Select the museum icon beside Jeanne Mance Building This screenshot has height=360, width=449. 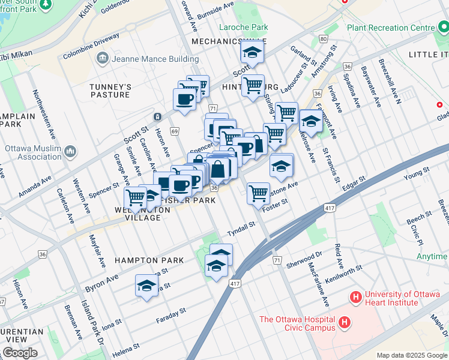coord(101,59)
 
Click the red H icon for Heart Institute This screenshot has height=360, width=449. coord(355,297)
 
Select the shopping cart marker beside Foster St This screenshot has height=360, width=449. coord(258,193)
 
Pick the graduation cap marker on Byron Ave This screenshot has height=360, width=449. coord(146,286)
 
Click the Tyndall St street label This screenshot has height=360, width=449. coord(241,227)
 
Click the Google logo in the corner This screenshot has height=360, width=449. coord(20,353)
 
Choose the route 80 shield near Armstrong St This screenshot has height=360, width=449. coord(323,40)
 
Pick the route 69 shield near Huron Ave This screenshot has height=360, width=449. coord(175,131)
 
